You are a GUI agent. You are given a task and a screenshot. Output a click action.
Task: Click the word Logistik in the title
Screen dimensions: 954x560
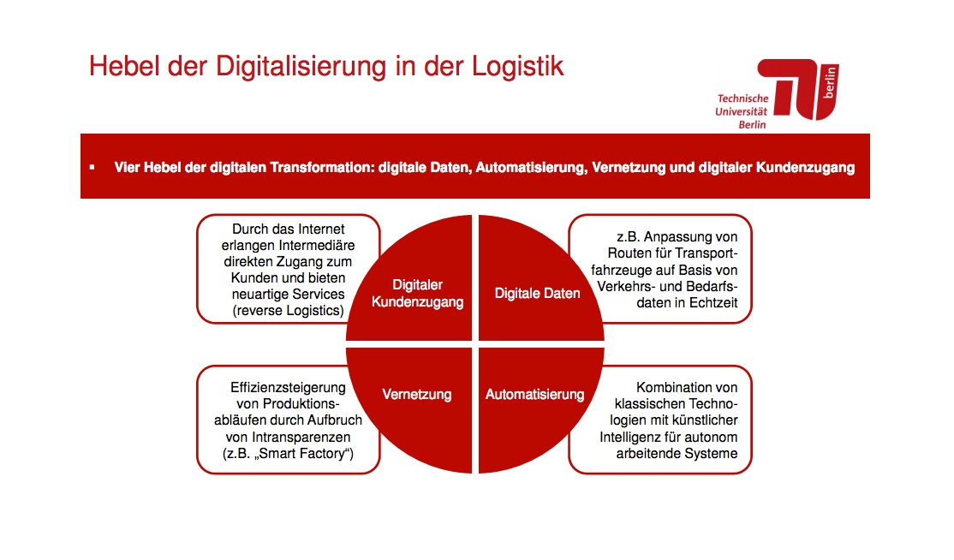point(518,67)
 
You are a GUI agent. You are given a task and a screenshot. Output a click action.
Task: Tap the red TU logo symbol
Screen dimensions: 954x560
point(798,89)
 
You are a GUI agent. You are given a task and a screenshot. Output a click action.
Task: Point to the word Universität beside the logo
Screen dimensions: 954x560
point(741,112)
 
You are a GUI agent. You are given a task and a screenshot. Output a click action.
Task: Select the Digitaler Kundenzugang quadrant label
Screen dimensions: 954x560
point(417,293)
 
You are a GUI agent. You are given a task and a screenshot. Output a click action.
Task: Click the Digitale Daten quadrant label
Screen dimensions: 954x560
point(537,293)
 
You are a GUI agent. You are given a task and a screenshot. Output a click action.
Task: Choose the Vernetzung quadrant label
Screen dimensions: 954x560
point(417,394)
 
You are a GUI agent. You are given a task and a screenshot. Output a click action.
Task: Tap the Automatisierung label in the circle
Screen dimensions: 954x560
point(534,394)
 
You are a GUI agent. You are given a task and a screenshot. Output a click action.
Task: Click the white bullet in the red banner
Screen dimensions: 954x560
point(92,167)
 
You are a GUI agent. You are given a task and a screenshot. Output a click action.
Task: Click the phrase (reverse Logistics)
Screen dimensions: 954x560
point(289,311)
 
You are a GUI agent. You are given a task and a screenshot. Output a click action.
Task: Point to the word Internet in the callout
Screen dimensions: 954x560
point(320,229)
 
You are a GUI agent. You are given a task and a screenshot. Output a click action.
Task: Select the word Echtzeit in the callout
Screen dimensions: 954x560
point(712,303)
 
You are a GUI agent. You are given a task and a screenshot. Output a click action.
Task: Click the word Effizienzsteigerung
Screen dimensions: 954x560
point(288,387)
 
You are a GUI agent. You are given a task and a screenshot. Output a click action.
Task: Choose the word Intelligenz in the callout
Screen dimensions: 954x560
point(629,438)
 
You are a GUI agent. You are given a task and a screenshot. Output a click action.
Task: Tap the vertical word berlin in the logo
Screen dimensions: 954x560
point(829,82)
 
